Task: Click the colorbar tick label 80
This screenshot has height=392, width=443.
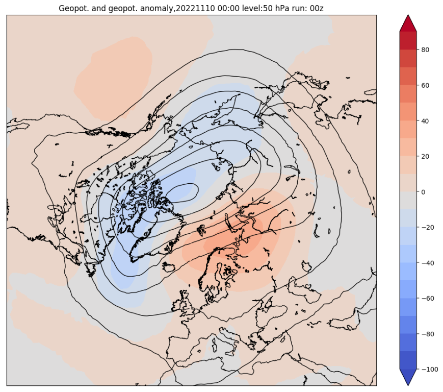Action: point(426,50)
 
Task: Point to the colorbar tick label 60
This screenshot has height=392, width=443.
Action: point(426,85)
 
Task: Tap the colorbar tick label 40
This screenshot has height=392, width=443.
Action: point(426,121)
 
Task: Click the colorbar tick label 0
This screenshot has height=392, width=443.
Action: point(424,192)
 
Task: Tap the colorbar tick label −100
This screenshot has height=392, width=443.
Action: point(429,369)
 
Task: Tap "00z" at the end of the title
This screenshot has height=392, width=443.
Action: point(317,8)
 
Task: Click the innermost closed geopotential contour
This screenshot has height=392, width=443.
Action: point(181,193)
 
